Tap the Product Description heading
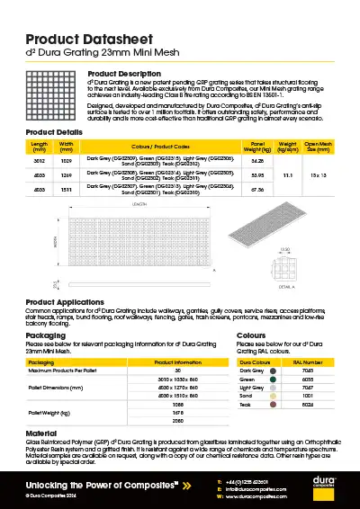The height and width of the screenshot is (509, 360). [124, 73]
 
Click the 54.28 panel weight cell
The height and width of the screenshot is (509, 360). [256, 160]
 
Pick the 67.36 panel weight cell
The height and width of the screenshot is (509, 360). [256, 190]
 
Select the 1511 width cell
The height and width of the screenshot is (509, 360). [66, 190]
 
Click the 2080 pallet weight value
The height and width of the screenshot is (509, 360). [165, 420]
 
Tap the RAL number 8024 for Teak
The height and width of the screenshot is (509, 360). [306, 405]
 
